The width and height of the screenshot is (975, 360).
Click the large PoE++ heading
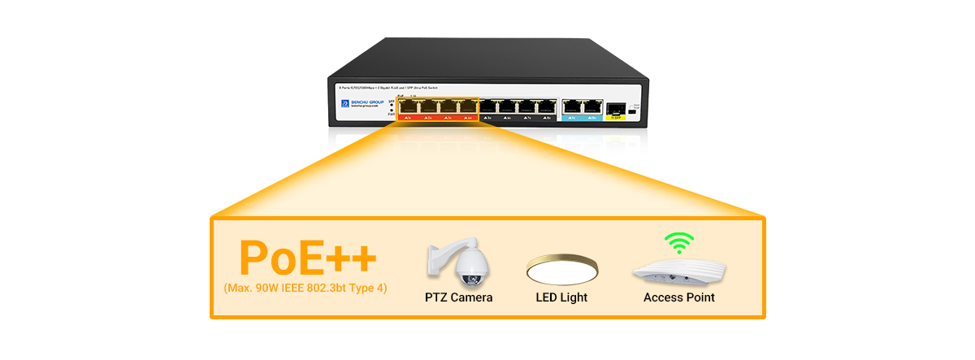tap(307, 256)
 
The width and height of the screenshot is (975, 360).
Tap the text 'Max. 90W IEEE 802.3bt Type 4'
tap(305, 288)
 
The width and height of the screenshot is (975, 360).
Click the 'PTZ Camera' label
tap(458, 297)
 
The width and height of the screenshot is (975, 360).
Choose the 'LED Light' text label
tap(561, 297)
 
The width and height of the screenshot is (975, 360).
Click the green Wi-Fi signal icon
tap(679, 242)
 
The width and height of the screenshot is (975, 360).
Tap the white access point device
tap(678, 271)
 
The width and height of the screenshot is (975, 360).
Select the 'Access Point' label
tap(678, 297)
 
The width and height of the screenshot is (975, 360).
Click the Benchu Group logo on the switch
tap(359, 104)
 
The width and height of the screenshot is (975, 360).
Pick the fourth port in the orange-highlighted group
tap(466, 106)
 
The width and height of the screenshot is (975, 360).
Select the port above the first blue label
tap(572, 106)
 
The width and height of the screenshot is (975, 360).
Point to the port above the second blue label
tap(591, 106)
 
